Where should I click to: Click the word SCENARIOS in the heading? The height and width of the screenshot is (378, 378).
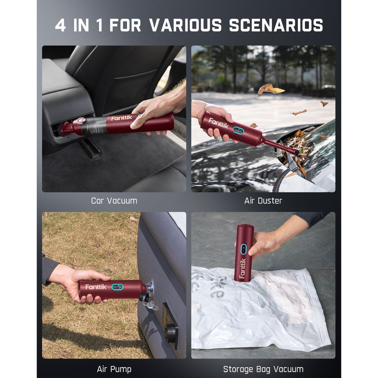coord(276,25)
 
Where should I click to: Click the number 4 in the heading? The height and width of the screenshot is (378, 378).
coord(60,25)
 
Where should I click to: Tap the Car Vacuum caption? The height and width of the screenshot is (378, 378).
coord(114,201)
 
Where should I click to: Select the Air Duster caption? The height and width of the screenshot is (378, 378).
coord(263,201)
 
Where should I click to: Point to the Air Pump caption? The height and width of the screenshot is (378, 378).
coord(114,369)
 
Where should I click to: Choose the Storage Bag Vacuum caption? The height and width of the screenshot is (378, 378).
coord(263,369)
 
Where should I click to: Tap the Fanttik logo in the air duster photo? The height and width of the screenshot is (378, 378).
coord(218,123)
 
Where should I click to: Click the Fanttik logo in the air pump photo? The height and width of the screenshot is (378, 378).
coord(96,287)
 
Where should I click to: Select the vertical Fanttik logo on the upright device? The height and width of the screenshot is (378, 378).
coord(242,268)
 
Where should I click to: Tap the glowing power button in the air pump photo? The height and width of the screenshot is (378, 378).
coord(118,287)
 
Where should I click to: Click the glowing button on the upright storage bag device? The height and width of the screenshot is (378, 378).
coord(243,249)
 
